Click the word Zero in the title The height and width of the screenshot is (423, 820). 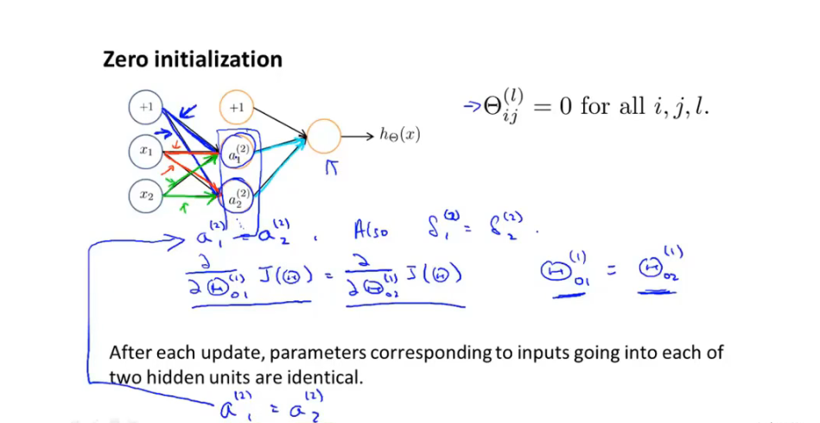tap(127, 60)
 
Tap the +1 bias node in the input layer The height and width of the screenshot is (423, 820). tap(146, 107)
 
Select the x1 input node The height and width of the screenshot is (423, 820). tap(146, 150)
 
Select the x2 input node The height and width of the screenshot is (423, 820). tap(146, 195)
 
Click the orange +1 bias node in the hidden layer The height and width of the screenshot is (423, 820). tap(236, 107)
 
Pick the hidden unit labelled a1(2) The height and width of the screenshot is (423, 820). tap(236, 152)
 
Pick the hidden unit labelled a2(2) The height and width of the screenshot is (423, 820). tap(237, 195)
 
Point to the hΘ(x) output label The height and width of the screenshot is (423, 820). tap(399, 135)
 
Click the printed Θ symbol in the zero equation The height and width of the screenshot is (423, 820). tap(495, 107)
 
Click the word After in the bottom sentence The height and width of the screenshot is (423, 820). tap(132, 353)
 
